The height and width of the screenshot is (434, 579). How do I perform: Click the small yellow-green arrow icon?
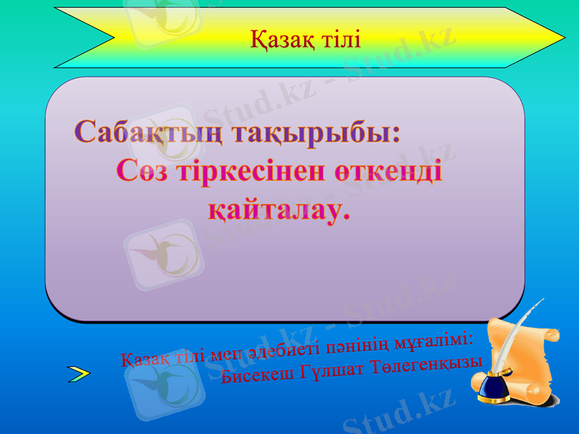(78, 373)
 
